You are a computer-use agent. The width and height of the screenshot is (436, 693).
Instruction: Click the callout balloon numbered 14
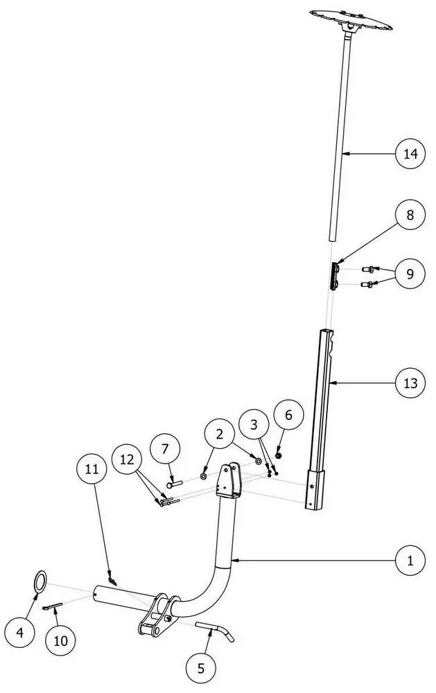pyautogui.click(x=410, y=154)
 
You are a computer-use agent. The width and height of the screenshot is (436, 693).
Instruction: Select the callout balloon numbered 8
pyautogui.click(x=410, y=215)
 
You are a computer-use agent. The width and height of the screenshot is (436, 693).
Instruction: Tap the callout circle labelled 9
pyautogui.click(x=410, y=274)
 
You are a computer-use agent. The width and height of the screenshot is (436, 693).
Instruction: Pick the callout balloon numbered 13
pyautogui.click(x=410, y=383)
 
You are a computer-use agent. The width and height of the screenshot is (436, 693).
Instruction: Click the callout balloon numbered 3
pyautogui.click(x=254, y=425)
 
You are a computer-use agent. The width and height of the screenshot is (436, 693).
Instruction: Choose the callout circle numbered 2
pyautogui.click(x=219, y=435)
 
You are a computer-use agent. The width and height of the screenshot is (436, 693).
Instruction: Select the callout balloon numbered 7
pyautogui.click(x=165, y=449)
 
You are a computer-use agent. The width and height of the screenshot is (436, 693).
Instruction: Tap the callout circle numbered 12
pyautogui.click(x=127, y=459)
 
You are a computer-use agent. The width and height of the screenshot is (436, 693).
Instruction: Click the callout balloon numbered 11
pyautogui.click(x=92, y=469)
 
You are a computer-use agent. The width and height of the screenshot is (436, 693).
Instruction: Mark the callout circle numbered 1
pyautogui.click(x=410, y=561)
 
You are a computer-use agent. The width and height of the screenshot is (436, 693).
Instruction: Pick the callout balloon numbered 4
pyautogui.click(x=19, y=633)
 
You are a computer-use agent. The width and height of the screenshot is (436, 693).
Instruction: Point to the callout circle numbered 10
pyautogui.click(x=60, y=640)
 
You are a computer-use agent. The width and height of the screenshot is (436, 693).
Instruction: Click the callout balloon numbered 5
pyautogui.click(x=201, y=669)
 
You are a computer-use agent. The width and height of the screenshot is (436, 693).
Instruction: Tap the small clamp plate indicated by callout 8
pyautogui.click(x=334, y=276)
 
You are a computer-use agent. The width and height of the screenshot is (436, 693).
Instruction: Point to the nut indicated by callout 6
pyautogui.click(x=279, y=455)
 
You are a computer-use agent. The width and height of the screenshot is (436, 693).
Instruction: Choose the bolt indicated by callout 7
pyautogui.click(x=175, y=484)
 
